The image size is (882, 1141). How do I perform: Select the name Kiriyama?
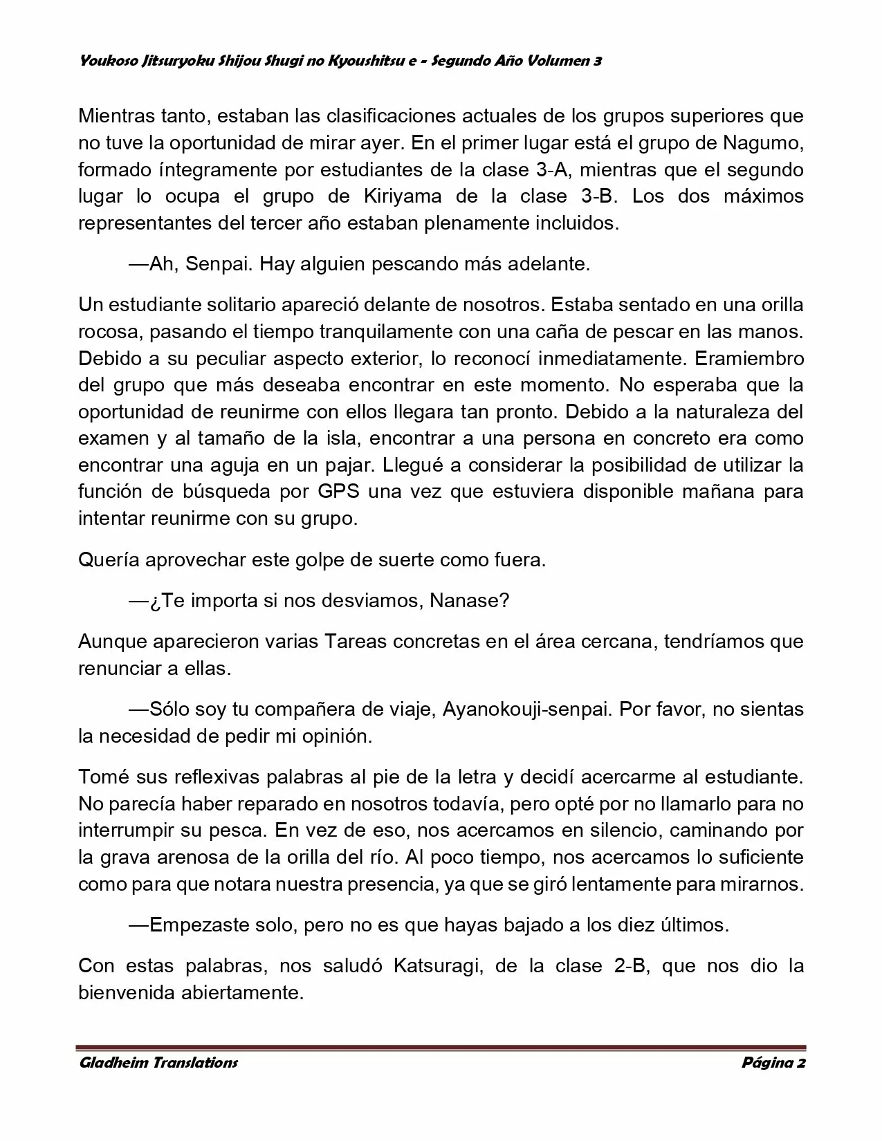(402, 196)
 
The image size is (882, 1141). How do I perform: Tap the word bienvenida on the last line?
(127, 993)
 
